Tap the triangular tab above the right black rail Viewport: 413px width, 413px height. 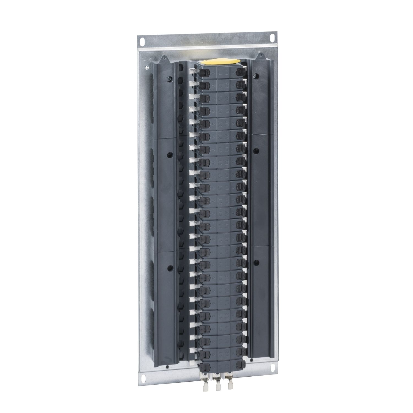click(x=259, y=56)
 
